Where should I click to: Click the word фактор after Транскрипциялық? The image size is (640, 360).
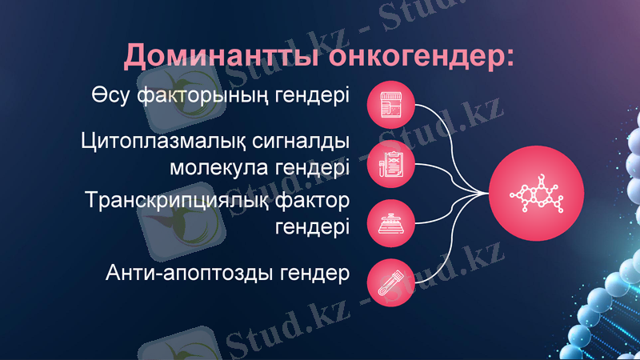[x=314, y=199]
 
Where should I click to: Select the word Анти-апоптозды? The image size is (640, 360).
[x=189, y=274]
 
